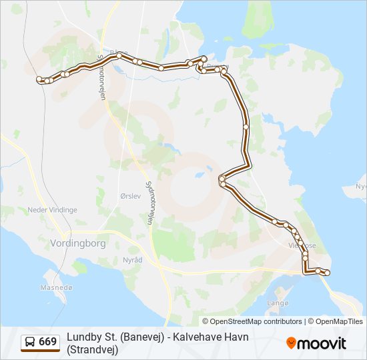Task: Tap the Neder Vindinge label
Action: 53,209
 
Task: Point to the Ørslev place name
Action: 130,197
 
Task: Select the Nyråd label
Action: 132,259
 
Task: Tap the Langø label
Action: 278,303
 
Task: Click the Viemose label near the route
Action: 302,245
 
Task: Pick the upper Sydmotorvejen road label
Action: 102,75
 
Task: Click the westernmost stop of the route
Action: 39,79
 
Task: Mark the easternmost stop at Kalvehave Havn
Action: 328,272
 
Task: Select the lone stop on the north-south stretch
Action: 246,126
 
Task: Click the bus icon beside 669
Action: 30,342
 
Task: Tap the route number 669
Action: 48,342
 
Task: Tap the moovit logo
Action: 316,343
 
